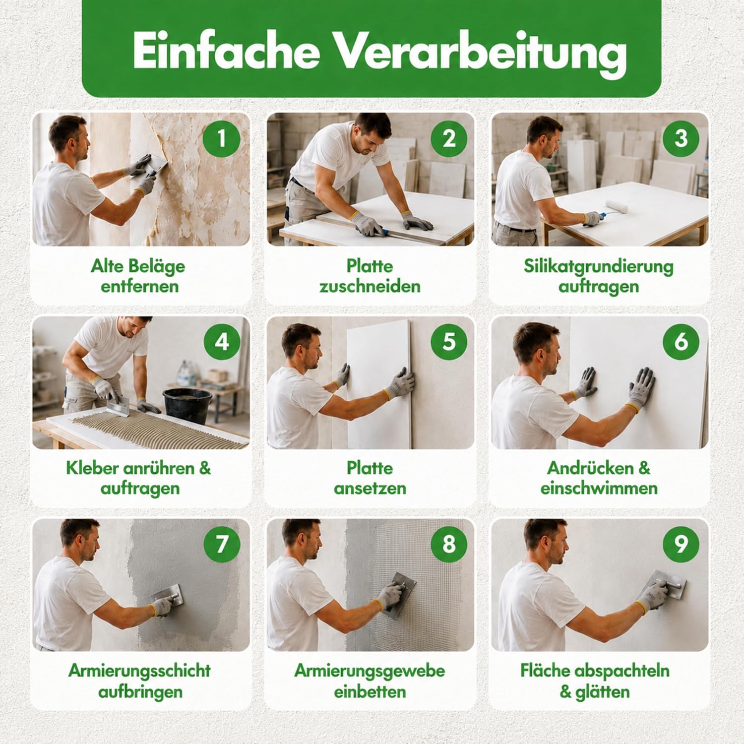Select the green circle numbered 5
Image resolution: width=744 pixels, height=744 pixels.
tap(449, 341)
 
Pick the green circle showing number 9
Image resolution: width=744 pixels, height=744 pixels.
tap(681, 544)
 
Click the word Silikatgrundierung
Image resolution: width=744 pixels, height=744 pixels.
tap(599, 267)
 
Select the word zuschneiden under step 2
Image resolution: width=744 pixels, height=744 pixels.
tap(370, 286)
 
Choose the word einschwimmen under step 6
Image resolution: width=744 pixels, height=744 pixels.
tap(599, 488)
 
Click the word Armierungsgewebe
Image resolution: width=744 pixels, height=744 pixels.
tap(370, 671)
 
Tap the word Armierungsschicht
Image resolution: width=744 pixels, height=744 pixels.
tap(140, 671)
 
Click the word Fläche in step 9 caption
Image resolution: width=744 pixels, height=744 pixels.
tap(546, 671)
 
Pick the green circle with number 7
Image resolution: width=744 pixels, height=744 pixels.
tap(222, 544)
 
